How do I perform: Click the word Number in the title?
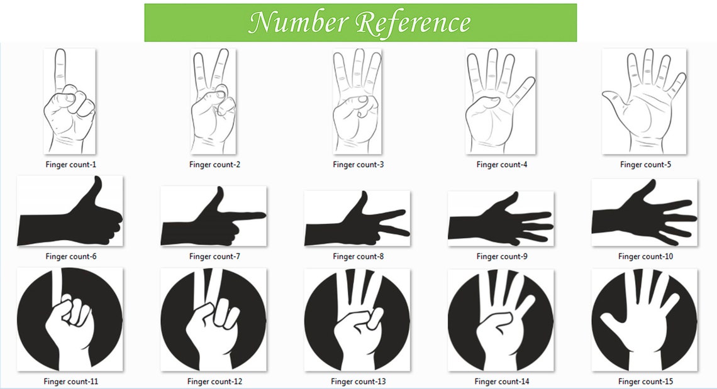point(298,23)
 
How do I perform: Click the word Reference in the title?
point(413,23)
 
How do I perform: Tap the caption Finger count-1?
point(70,165)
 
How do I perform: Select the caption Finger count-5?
point(645,165)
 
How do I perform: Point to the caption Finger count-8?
point(358,256)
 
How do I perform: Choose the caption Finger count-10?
point(645,256)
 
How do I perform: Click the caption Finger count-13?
point(358,381)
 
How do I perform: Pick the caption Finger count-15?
point(645,381)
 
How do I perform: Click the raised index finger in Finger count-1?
point(60,69)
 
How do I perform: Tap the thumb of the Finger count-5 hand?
point(612,97)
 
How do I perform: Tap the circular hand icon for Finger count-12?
point(213,321)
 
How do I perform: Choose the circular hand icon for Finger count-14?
point(500,321)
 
